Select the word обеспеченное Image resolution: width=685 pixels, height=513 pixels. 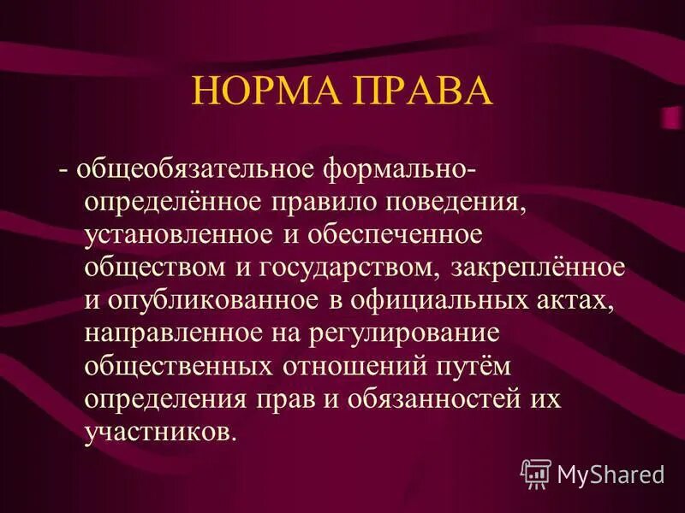point(390,234)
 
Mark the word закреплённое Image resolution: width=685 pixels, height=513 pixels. point(536,267)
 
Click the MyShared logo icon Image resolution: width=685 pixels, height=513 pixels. point(536,473)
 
